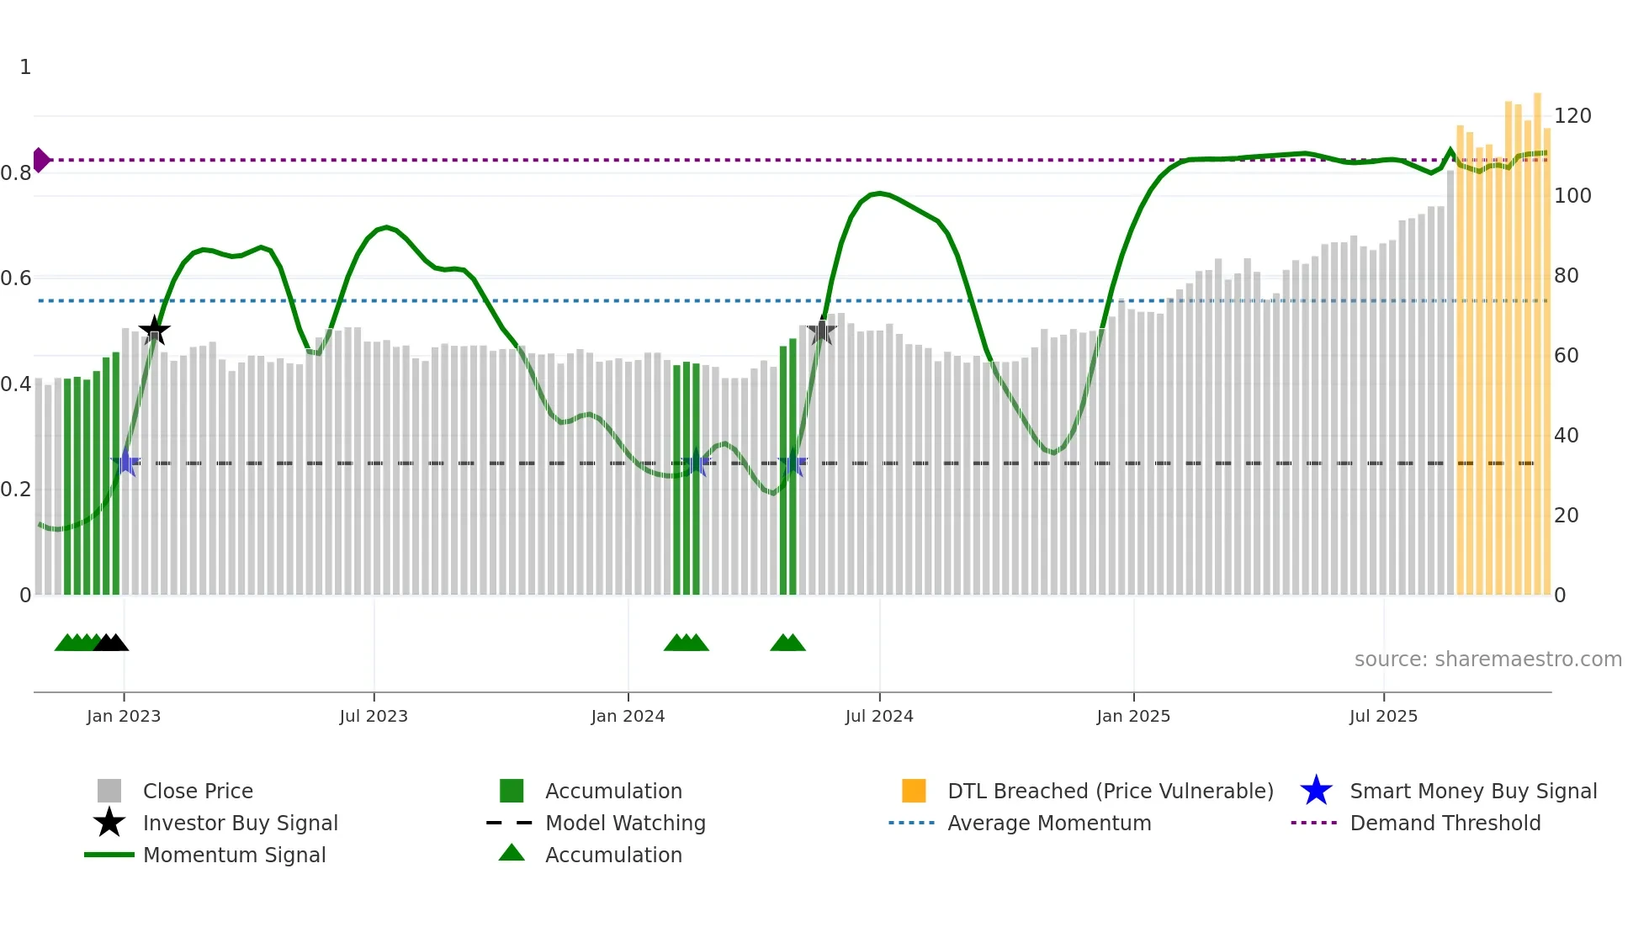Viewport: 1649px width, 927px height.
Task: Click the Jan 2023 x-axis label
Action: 124,716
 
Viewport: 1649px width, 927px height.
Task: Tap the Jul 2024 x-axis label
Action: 879,716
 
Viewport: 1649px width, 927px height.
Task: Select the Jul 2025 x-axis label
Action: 1383,716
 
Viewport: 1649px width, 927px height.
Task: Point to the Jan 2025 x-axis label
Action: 1133,716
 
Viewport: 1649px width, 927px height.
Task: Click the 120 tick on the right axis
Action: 1572,116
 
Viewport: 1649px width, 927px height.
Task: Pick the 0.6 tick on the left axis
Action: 16,278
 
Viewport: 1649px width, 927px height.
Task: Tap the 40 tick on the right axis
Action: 1567,436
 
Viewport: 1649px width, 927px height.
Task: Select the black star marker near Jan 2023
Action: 154,331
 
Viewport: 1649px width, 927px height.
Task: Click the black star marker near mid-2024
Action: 821,331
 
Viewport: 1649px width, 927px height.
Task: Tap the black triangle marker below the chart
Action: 111,643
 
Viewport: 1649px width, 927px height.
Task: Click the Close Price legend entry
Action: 198,791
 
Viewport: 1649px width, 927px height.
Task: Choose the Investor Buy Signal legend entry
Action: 240,823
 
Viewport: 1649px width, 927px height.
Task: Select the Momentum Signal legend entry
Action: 234,855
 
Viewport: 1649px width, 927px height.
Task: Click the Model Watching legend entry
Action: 625,823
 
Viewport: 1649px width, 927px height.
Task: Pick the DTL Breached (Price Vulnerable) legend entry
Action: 1110,791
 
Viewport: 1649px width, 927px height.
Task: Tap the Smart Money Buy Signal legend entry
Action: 1473,791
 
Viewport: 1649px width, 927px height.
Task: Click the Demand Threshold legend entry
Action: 1445,823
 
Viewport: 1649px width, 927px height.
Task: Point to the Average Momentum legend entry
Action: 1049,823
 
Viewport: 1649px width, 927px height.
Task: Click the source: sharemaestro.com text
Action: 1487,659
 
